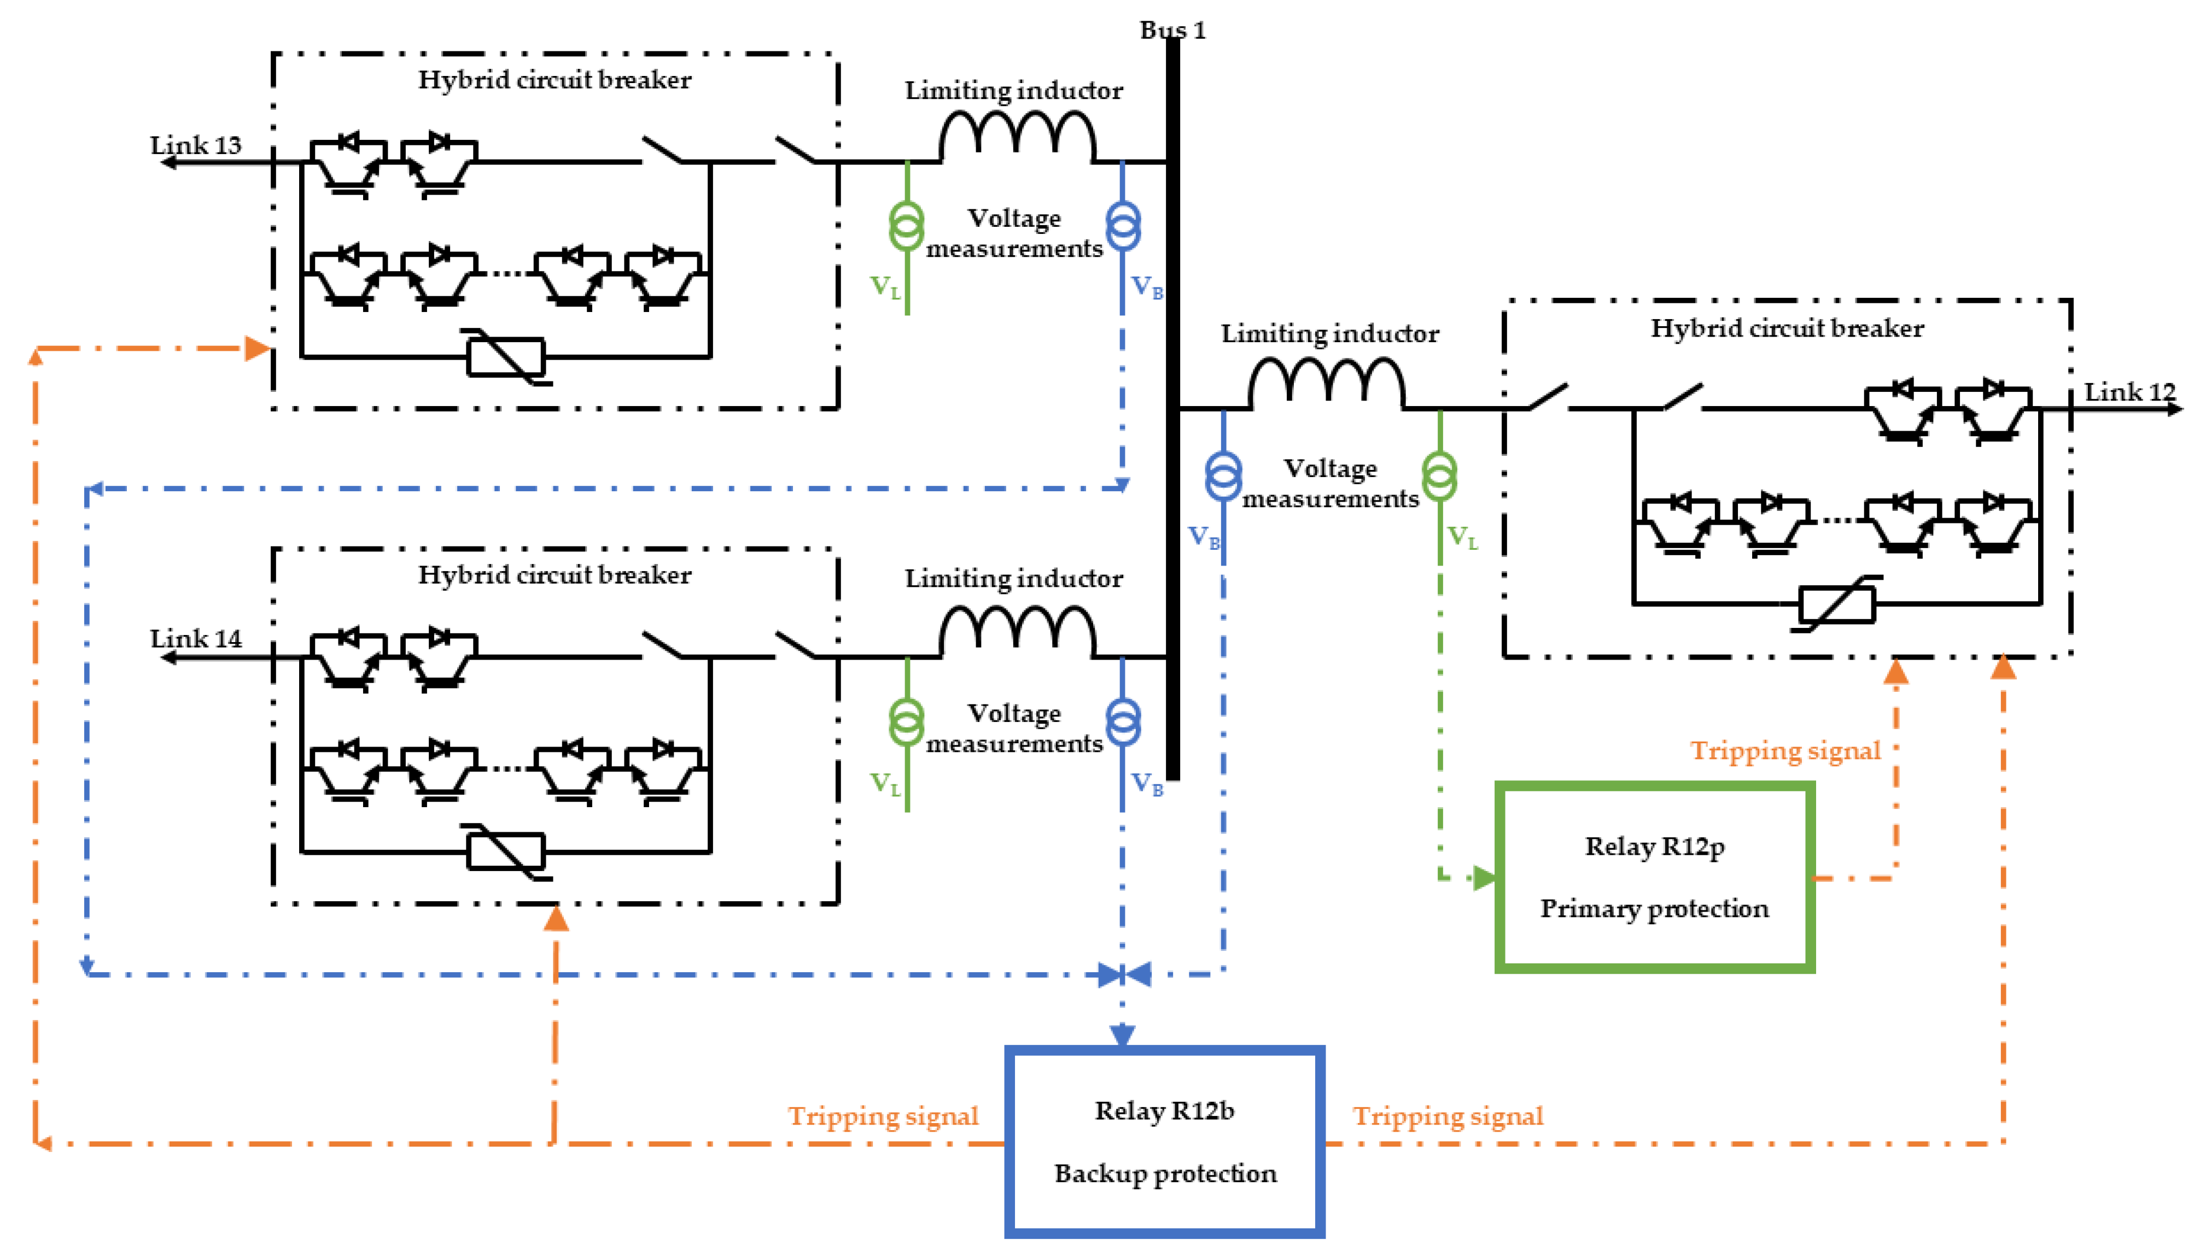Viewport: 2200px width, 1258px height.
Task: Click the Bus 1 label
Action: point(1171,30)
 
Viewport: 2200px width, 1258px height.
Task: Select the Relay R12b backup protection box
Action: point(1164,1141)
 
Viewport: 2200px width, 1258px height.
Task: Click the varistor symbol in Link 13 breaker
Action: point(506,356)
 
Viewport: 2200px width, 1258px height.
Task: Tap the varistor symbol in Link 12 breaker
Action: point(1836,603)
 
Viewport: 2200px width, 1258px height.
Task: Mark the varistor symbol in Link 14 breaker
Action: point(506,851)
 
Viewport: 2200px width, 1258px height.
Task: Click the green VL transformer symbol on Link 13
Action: point(906,226)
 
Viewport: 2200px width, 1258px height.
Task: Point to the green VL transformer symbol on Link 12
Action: point(1439,475)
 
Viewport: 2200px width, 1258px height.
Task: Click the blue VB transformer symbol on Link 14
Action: point(1122,721)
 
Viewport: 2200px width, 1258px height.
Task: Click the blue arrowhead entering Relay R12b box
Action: point(1122,1034)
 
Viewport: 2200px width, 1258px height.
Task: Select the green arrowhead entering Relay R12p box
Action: point(1484,878)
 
